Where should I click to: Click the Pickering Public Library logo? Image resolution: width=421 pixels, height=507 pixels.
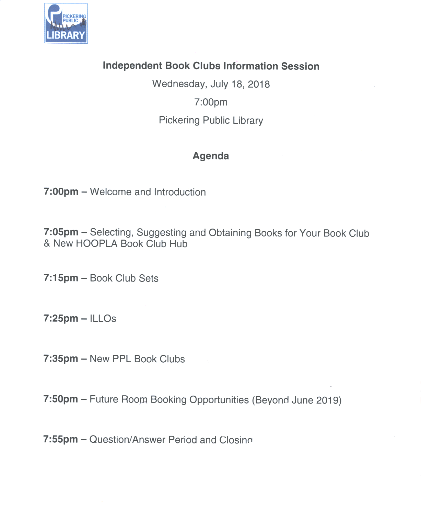66,23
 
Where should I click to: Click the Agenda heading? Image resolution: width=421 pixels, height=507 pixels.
211,156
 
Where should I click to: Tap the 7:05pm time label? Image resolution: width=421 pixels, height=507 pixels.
61,232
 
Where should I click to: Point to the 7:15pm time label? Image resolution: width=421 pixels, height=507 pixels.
61,278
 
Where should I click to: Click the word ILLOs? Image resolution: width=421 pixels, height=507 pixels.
103,319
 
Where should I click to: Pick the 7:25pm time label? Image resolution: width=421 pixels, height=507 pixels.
61,319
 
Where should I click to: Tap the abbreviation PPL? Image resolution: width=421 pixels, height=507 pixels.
122,359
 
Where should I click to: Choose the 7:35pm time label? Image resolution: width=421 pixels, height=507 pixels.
61,359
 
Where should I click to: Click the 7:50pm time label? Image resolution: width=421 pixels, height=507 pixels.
61,399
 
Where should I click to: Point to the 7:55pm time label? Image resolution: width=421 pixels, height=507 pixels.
61,440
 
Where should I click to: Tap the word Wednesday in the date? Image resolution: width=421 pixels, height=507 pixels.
178,84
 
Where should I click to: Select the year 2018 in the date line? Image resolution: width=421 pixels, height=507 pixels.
259,85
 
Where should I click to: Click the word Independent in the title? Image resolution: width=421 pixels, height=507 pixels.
132,66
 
